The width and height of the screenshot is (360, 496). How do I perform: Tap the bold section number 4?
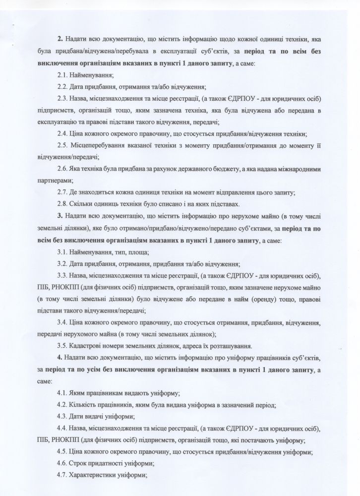coord(60,358)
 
